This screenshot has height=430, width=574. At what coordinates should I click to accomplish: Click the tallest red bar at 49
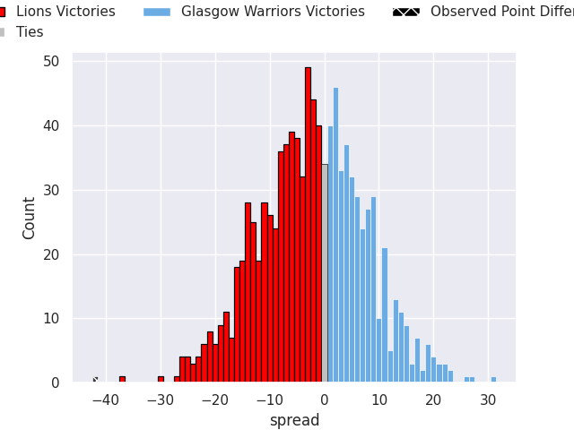point(308,224)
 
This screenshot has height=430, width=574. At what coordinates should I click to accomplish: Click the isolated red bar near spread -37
point(122,379)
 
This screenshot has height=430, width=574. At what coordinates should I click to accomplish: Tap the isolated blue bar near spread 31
point(493,380)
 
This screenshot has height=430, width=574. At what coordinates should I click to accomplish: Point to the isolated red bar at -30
point(161,379)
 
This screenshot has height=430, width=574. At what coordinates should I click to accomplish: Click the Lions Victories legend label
point(65,12)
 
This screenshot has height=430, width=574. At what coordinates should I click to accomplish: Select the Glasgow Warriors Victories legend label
point(273,12)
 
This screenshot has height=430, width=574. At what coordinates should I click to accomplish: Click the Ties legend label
point(30,32)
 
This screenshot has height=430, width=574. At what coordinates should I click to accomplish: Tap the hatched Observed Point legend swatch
point(405,12)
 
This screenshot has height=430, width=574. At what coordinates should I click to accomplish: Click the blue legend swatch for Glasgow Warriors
point(156,12)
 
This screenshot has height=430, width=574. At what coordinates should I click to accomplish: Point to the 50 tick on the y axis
point(51,62)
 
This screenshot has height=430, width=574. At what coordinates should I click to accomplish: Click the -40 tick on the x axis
point(106,400)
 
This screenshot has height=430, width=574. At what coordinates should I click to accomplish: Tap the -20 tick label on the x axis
point(215,400)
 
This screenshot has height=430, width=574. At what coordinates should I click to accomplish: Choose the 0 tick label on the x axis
point(324,400)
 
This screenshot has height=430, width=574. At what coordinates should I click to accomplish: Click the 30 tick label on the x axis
point(488,400)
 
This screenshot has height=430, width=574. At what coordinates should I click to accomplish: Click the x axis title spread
point(294,420)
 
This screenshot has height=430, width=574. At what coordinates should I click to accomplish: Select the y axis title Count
point(30,218)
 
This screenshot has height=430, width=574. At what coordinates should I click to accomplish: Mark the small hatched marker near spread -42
point(95,380)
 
